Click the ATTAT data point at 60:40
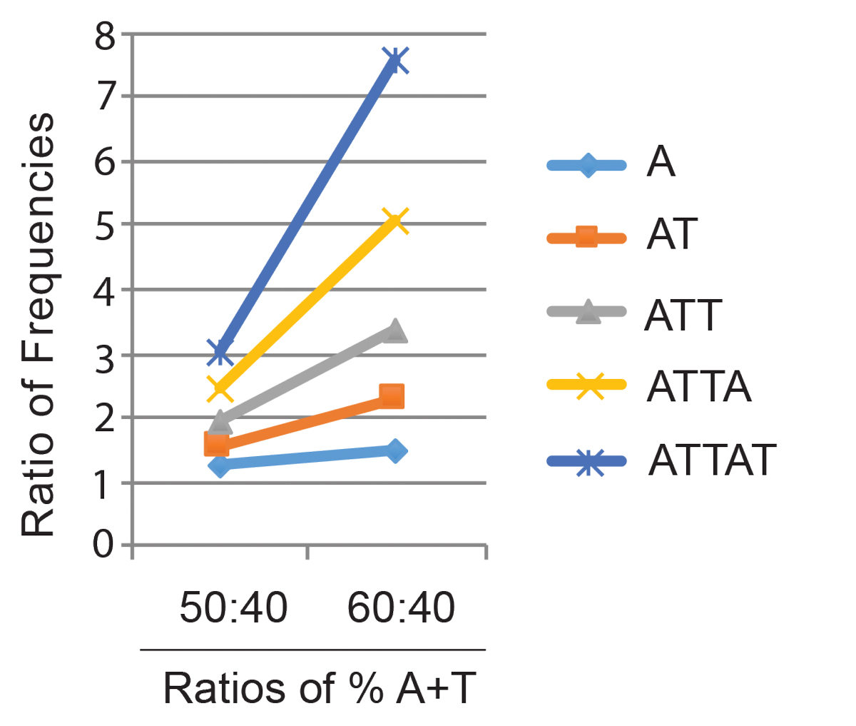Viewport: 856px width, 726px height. coord(395,61)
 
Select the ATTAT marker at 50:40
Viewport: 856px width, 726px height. coord(220,351)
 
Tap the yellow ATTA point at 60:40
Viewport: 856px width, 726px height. coord(395,221)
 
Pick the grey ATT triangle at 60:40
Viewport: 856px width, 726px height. coord(394,331)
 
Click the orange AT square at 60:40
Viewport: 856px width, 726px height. coord(392,395)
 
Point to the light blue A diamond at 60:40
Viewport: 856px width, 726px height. coord(394,451)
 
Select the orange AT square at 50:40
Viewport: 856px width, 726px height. coord(216,445)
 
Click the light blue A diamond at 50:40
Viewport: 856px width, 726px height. coord(220,466)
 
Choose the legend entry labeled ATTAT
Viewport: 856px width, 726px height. coord(711,460)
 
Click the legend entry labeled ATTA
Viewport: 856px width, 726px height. coord(699,386)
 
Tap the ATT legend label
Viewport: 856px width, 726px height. coord(683,314)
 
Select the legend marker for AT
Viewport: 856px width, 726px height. coord(586,236)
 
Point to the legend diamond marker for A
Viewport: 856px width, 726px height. coord(586,166)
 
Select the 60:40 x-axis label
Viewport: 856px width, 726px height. coord(401,609)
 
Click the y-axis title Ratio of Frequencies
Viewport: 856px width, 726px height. coord(39,325)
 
